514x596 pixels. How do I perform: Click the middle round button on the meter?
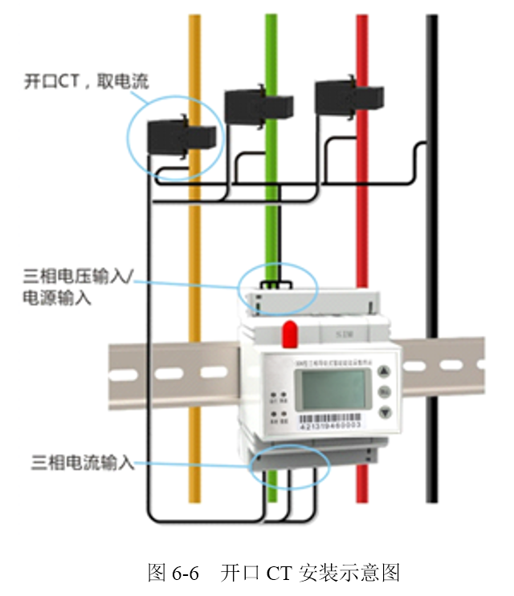(384, 392)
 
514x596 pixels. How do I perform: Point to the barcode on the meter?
(330, 420)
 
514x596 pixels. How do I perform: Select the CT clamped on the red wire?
(345, 96)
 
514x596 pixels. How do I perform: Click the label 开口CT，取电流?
(87, 82)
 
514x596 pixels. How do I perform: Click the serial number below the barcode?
(329, 428)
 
